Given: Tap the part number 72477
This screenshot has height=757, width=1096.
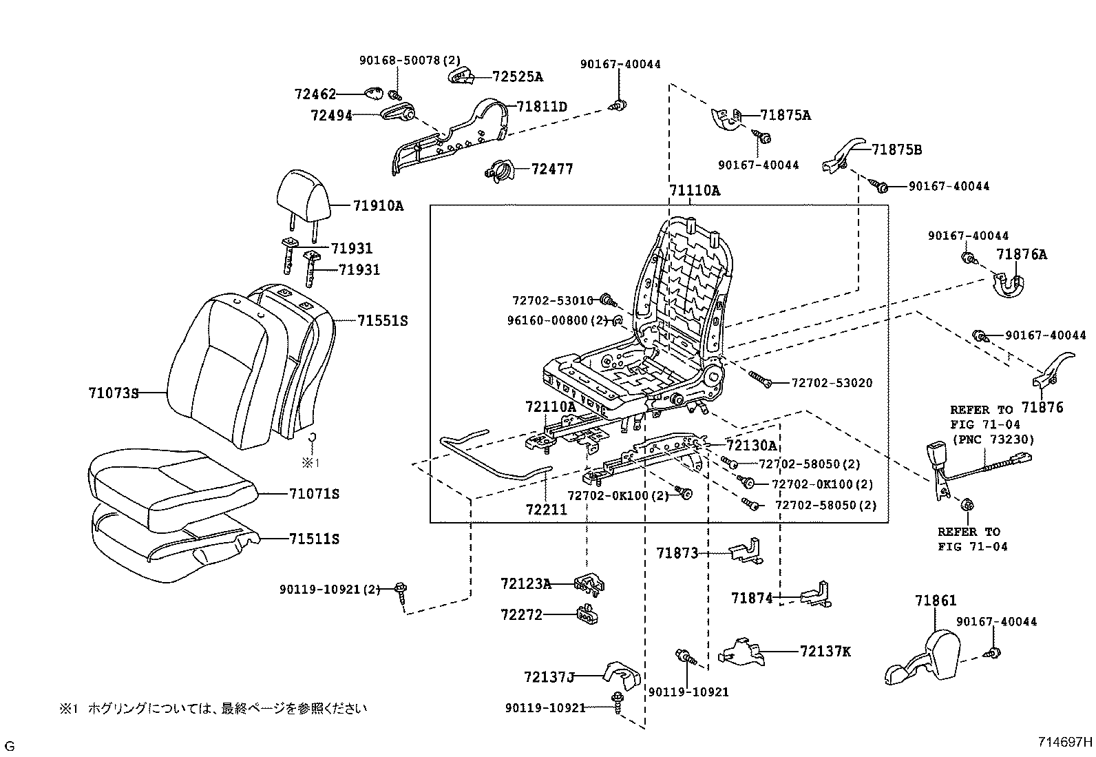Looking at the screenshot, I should pos(552,169).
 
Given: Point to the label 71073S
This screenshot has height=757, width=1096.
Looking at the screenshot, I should pos(113,393).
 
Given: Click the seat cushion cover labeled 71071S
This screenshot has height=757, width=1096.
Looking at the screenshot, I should pos(172,486).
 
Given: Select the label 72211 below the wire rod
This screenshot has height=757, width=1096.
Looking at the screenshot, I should pos(546,510).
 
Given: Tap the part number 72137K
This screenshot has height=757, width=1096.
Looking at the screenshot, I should pos(825,651).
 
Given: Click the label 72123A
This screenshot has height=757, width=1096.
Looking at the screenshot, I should pos(526,584).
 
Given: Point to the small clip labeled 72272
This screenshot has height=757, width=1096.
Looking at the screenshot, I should pos(586,614).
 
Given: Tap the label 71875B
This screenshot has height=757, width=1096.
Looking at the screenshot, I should pos(897,149).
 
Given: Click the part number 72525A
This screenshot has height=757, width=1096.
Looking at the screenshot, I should pos(517,76).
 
